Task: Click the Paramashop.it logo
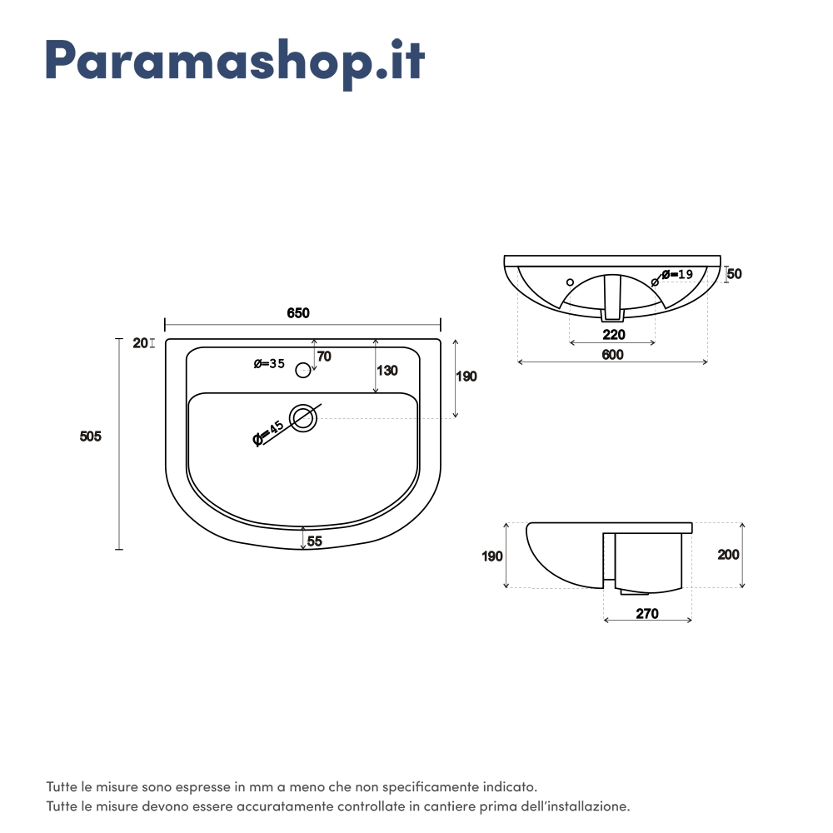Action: tap(235, 62)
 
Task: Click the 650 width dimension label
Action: tap(298, 313)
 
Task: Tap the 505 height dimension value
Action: tap(90, 436)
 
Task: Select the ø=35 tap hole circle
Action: tap(303, 371)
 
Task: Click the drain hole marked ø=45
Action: tap(303, 418)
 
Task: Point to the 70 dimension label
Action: tap(324, 357)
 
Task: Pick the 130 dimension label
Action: tap(387, 371)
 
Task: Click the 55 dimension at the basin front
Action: tap(315, 541)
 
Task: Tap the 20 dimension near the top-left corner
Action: tap(140, 343)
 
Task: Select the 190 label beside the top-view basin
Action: tap(466, 377)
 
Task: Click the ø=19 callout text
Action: tap(677, 274)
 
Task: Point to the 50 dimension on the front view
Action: tap(734, 273)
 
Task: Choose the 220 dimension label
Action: tap(614, 335)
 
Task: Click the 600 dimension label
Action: tap(612, 355)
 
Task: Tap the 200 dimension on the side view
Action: tap(728, 555)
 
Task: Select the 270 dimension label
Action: tap(647, 614)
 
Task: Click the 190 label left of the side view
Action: tap(492, 556)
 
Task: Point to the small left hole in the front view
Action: tap(570, 282)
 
